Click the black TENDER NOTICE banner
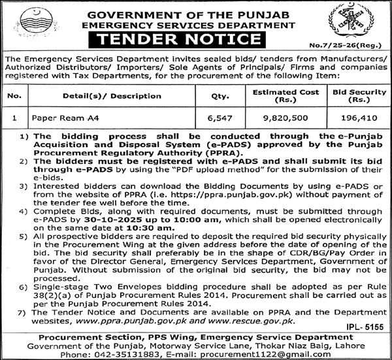197,41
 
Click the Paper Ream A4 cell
59,120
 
